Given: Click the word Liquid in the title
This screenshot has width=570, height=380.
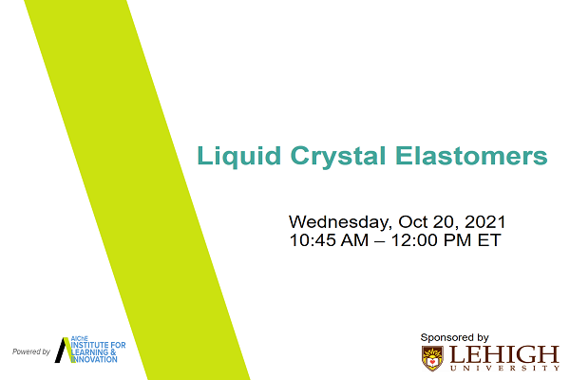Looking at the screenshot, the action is tap(238, 157).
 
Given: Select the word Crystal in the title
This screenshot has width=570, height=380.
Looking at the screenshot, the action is tap(338, 157).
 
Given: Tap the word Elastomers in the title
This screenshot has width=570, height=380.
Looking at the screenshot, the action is tap(471, 156).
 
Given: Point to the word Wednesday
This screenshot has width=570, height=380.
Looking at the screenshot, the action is tap(339, 222).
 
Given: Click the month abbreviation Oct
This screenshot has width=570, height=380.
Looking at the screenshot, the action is tap(413, 221).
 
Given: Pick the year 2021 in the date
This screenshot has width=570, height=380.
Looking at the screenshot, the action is tap(484, 221).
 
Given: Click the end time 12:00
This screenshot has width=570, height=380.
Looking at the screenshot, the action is tap(412, 240).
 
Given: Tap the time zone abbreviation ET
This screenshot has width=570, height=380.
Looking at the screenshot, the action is tap(489, 240).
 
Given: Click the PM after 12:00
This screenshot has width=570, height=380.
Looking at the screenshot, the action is tap(455, 240).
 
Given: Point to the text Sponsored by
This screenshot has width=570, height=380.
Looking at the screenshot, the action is tap(454, 338).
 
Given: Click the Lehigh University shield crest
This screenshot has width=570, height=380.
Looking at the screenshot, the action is tap(432, 358).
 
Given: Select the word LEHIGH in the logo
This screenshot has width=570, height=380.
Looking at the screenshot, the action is tap(504, 354).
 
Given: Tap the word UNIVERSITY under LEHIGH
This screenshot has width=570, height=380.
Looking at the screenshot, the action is tap(504, 368).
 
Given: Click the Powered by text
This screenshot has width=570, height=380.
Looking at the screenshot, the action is tap(31, 351).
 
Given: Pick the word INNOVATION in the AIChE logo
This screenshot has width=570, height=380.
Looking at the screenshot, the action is tap(94, 360).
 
